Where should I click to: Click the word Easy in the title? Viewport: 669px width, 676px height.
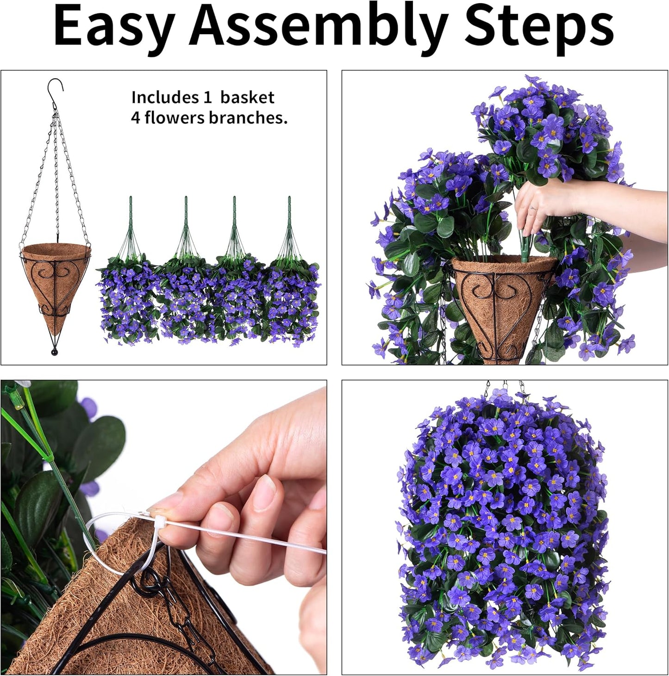[x=114, y=27]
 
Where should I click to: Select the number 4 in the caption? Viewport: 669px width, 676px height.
[x=135, y=118]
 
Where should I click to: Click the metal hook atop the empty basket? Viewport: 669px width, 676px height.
[x=55, y=88]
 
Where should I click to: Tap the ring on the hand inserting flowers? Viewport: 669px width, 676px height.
[x=533, y=208]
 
